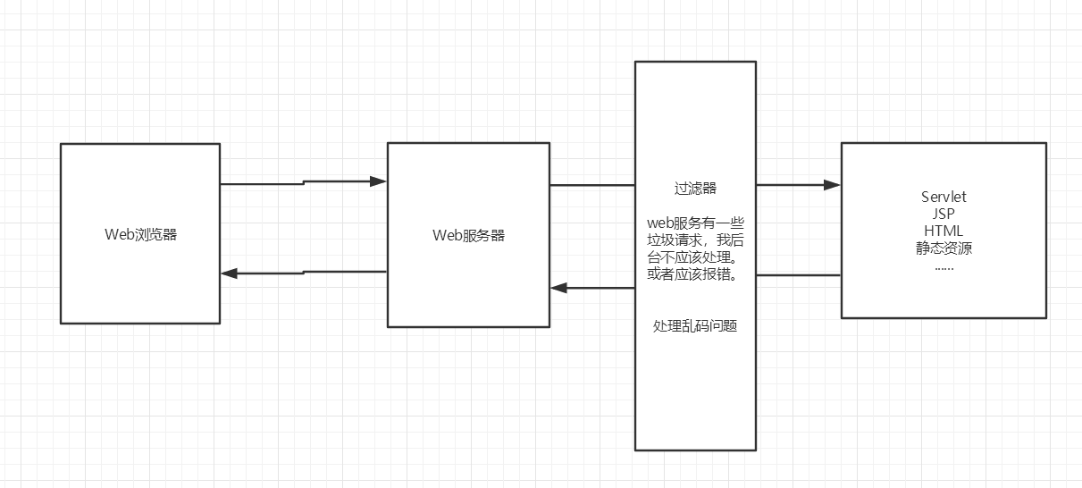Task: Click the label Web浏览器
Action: point(140,235)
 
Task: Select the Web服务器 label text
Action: point(468,236)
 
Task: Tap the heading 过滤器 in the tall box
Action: point(695,189)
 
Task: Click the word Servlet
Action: point(944,197)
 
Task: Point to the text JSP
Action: point(944,215)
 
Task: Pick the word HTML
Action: point(944,231)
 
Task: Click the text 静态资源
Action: point(944,248)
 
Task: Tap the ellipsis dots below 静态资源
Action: point(944,266)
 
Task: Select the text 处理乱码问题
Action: point(695,326)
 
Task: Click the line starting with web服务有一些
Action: point(695,222)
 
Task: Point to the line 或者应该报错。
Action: point(695,273)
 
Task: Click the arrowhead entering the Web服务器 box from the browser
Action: point(378,181)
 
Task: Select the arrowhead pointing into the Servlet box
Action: point(832,185)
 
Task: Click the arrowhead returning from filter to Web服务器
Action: point(559,288)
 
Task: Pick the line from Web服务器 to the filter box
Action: point(592,185)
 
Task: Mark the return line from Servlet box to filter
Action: point(798,275)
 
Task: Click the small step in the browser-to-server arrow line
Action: point(304,182)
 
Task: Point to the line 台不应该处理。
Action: point(695,257)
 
